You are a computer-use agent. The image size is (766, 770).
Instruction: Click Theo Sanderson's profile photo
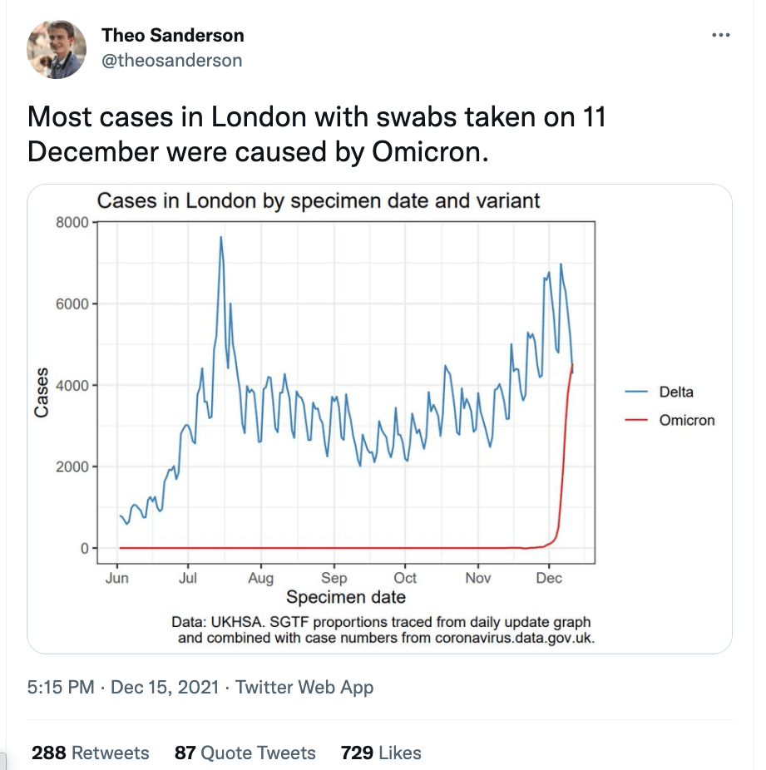pyautogui.click(x=57, y=48)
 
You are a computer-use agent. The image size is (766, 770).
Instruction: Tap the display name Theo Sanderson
pyautogui.click(x=173, y=35)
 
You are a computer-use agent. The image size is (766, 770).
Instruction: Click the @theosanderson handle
pyautogui.click(x=172, y=60)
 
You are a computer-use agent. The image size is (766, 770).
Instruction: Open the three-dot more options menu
pyautogui.click(x=721, y=36)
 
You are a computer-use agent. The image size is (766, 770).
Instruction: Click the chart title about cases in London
pyautogui.click(x=319, y=200)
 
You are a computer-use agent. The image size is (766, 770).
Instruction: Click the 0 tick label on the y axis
pyautogui.click(x=82, y=549)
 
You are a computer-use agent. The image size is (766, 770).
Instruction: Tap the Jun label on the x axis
pyautogui.click(x=117, y=579)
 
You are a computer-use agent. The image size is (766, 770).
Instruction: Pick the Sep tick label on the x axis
pyautogui.click(x=334, y=579)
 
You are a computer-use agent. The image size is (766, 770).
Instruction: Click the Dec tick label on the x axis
pyautogui.click(x=550, y=579)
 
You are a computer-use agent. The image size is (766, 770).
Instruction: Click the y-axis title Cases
pyautogui.click(x=42, y=392)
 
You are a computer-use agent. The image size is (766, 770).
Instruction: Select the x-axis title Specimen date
pyautogui.click(x=346, y=597)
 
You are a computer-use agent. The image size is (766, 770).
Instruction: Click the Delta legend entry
pyautogui.click(x=675, y=392)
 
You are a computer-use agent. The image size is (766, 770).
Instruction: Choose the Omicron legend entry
pyautogui.click(x=686, y=420)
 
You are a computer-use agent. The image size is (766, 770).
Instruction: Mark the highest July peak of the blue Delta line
pyautogui.click(x=221, y=238)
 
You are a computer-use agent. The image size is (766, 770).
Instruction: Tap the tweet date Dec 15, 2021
pyautogui.click(x=164, y=688)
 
